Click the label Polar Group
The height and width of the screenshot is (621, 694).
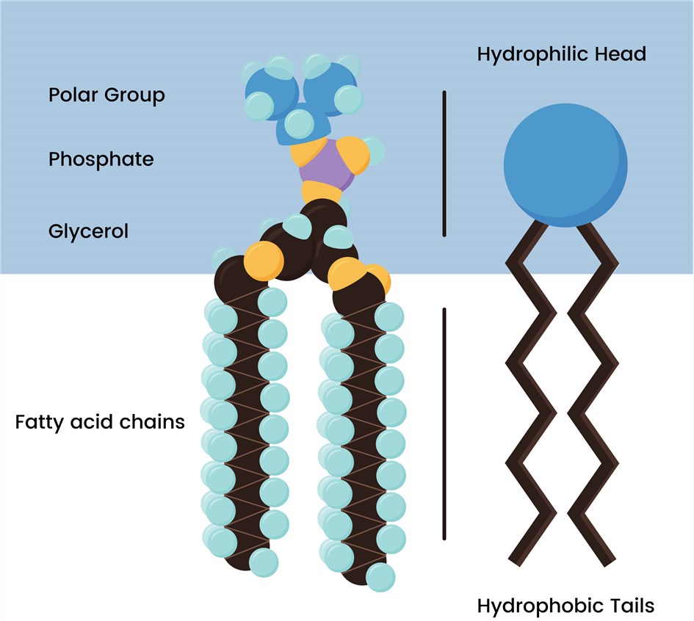[106, 95]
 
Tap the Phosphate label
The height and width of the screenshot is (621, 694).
[101, 159]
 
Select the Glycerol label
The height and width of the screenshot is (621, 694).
[88, 231]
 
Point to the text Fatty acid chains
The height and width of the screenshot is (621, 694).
[100, 423]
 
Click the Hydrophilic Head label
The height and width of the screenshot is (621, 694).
[561, 54]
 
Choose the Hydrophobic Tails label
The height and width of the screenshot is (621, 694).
[565, 606]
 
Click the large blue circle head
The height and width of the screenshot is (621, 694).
[565, 170]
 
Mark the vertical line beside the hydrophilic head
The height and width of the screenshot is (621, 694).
[444, 164]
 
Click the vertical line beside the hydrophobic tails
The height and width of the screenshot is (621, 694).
[444, 424]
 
